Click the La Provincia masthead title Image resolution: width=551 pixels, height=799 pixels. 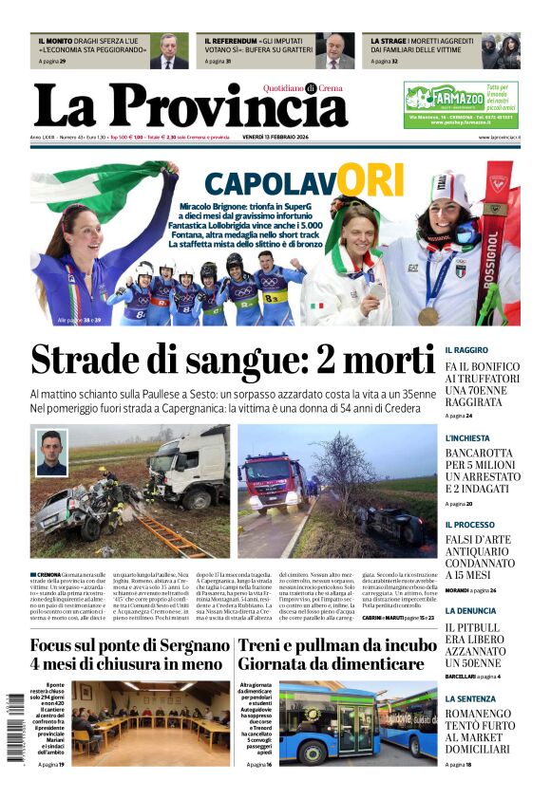190,106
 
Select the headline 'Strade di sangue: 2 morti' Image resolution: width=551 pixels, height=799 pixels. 233,362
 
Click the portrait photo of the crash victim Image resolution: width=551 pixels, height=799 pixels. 51,453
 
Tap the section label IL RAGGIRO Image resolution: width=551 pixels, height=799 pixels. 466,350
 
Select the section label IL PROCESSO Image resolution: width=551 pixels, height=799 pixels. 469,525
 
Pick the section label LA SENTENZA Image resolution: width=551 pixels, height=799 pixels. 470,698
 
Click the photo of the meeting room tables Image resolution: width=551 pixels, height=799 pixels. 151,722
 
